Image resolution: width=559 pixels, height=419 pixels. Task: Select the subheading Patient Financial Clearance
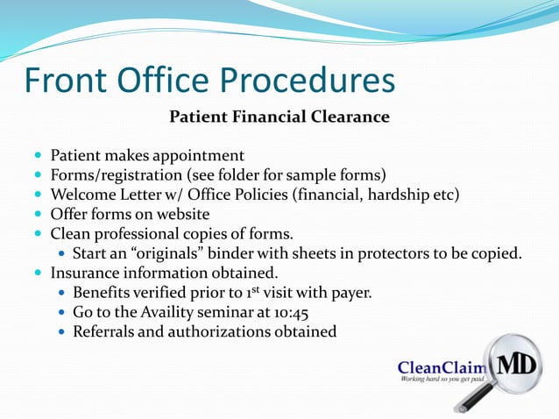pyautogui.click(x=279, y=117)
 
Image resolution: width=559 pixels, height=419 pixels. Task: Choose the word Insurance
pyautogui.click(x=87, y=273)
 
